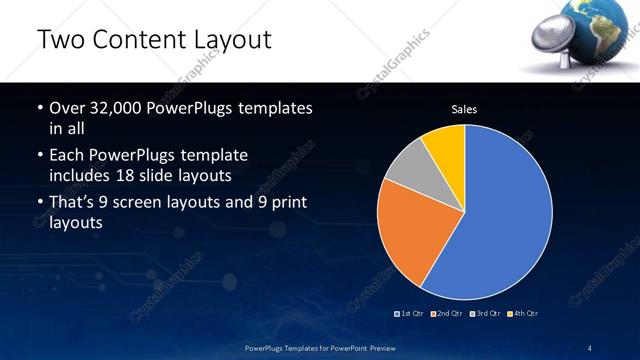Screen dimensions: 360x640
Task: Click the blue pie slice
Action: point(500,215)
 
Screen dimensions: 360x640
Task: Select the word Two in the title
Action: point(61,41)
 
